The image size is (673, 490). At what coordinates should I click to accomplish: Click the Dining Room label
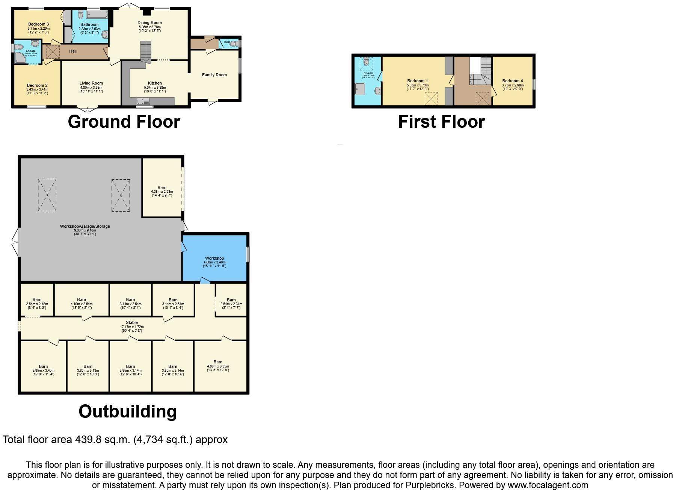[149, 23]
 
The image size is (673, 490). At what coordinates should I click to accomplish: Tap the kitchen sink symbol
[143, 101]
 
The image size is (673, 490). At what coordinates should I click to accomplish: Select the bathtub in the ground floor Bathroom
[97, 14]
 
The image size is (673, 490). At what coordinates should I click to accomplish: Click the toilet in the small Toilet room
[233, 44]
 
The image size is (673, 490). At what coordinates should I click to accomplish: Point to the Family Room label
[214, 75]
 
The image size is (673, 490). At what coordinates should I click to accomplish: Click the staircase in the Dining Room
[146, 51]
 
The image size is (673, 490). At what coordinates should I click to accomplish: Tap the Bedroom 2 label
[37, 86]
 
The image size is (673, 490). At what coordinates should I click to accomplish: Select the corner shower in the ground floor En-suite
[20, 57]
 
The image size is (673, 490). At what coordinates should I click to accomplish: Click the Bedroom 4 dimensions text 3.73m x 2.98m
[513, 85]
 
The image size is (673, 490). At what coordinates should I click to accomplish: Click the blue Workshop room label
[214, 258]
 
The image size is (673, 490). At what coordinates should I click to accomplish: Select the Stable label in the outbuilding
[132, 322]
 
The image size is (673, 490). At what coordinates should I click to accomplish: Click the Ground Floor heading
[124, 122]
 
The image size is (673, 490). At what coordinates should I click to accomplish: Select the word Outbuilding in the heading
[128, 411]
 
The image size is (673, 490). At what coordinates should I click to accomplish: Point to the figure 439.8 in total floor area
[88, 439]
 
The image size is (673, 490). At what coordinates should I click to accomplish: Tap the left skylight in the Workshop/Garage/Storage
[47, 195]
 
